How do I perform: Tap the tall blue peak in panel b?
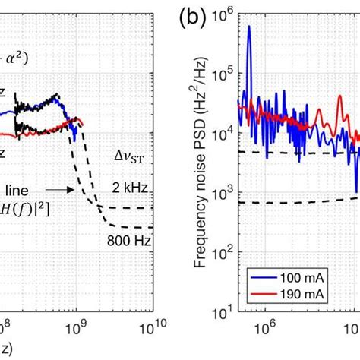248,27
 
